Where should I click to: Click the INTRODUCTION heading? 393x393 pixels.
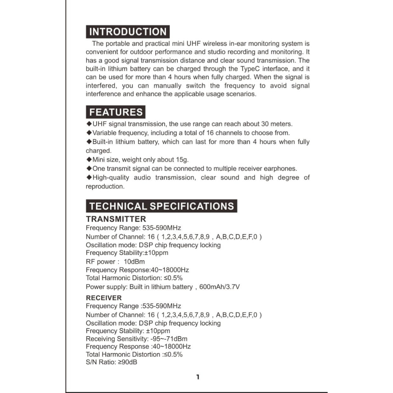[127, 31]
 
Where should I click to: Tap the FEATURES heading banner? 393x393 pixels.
[116, 112]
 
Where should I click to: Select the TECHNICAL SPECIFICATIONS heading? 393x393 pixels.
[162, 206]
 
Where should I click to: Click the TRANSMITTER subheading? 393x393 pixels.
[116, 219]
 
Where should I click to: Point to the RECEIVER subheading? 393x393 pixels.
[104, 298]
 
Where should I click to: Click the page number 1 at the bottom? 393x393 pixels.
[198, 377]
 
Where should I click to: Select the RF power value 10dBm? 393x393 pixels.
[134, 262]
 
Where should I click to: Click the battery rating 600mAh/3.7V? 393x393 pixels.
[220, 287]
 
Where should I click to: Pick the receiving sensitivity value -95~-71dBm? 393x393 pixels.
[168, 339]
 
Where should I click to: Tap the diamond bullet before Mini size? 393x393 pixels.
[89, 159]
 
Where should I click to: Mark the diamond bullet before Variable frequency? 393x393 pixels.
[89, 133]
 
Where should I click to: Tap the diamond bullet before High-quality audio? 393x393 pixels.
[89, 177]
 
